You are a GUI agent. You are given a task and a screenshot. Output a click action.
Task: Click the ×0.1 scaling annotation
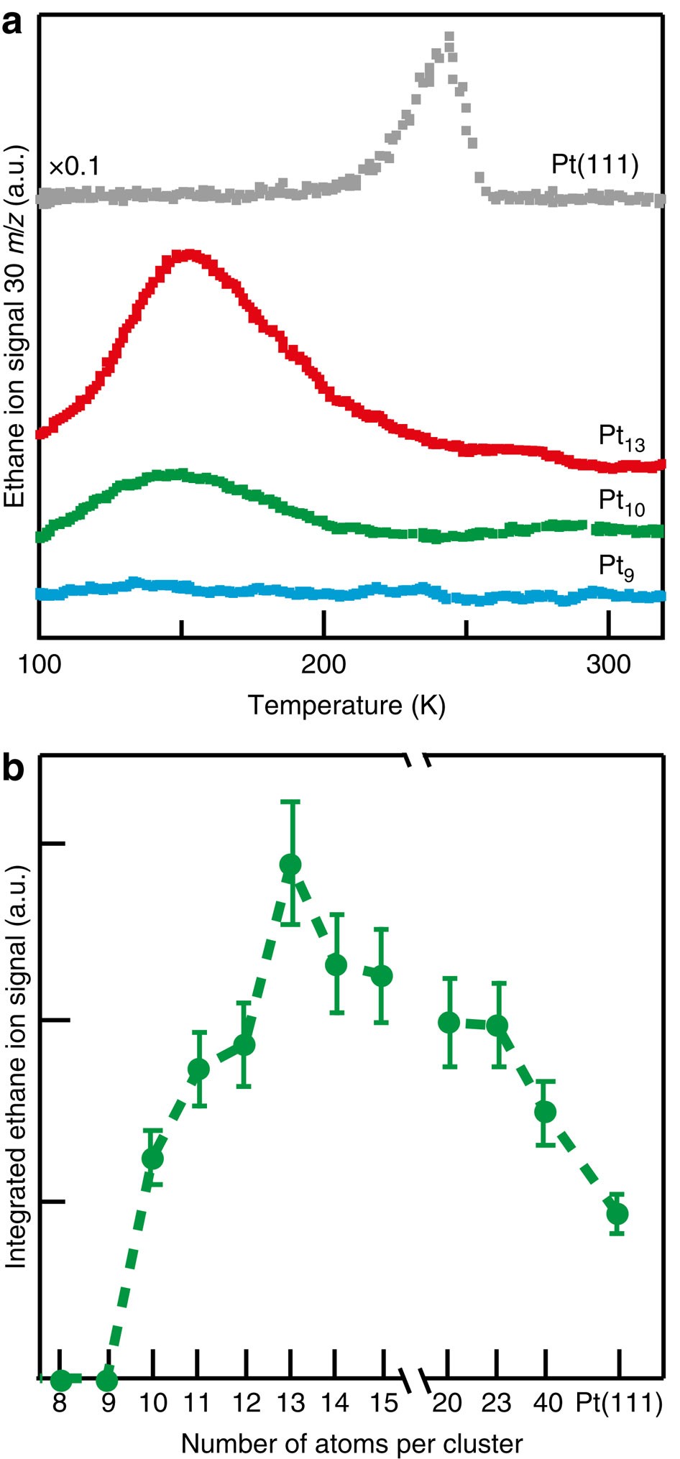pyautogui.click(x=74, y=167)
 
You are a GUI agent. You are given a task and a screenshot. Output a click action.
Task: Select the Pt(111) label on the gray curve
pyautogui.click(x=594, y=165)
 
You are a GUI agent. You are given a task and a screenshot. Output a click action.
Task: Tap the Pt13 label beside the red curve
pyautogui.click(x=622, y=438)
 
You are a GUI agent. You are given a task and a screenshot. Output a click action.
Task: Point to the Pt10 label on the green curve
pyautogui.click(x=622, y=502)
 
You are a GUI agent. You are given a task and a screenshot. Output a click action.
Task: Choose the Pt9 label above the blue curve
pyautogui.click(x=617, y=567)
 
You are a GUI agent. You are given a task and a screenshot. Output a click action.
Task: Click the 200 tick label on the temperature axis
pyautogui.click(x=323, y=665)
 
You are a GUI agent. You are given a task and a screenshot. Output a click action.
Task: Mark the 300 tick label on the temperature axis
pyautogui.click(x=608, y=665)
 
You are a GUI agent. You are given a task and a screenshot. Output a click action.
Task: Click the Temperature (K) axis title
pyautogui.click(x=346, y=705)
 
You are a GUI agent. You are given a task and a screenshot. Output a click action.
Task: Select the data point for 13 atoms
pyautogui.click(x=290, y=865)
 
